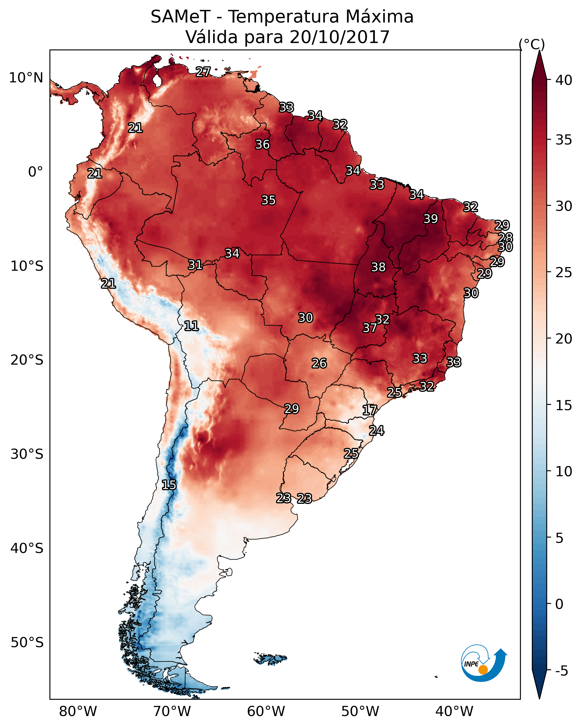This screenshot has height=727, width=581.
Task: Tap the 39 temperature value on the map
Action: (x=431, y=219)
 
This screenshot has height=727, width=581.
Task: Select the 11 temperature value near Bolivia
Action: (x=191, y=326)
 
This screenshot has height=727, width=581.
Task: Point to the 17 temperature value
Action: (x=370, y=410)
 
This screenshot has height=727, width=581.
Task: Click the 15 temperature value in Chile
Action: (x=169, y=485)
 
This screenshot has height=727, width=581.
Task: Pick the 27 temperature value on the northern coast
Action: (x=203, y=71)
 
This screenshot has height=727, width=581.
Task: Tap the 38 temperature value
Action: (x=378, y=267)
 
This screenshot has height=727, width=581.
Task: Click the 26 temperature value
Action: (x=319, y=363)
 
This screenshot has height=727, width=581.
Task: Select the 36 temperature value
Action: (x=262, y=144)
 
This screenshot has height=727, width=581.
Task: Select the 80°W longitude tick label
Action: (x=78, y=711)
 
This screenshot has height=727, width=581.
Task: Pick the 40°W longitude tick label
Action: (x=454, y=711)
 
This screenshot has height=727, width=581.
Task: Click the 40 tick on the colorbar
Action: (x=564, y=80)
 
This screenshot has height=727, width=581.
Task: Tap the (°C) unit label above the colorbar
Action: (x=532, y=44)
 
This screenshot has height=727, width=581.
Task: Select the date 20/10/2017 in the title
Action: (x=340, y=37)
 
